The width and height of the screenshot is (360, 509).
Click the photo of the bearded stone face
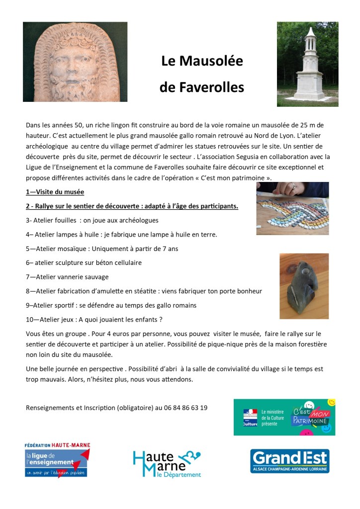pos(75,62)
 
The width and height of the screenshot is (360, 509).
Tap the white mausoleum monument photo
pos(307,64)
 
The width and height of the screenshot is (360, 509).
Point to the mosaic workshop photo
pos(292,208)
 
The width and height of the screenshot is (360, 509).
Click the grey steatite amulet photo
pos(304,286)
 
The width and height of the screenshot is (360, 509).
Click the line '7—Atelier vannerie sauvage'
pos(67,277)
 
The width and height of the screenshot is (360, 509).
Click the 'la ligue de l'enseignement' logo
pos(57,460)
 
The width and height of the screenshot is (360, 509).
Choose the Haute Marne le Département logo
pos(167,463)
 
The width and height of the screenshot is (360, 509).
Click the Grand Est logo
pos(289,461)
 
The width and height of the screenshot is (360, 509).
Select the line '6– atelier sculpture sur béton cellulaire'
pos(84,262)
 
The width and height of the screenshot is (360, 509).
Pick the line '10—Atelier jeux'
pos(94,319)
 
